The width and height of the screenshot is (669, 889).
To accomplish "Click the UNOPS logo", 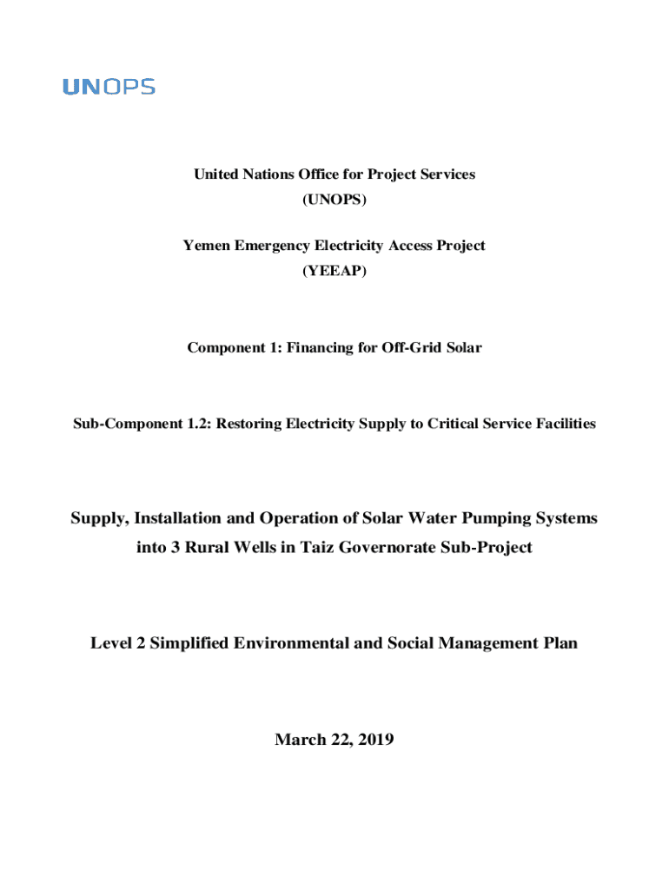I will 109,87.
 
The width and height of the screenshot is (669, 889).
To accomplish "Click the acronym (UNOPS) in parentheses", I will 334,201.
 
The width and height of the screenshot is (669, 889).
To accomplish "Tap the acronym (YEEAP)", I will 334,272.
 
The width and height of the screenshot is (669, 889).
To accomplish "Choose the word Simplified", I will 181,643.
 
